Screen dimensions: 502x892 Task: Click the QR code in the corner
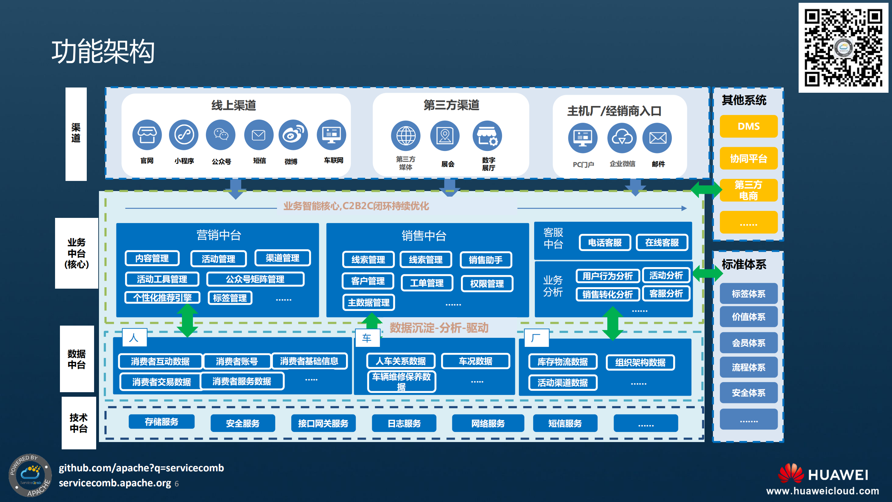(x=843, y=48)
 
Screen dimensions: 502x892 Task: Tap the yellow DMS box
(x=748, y=126)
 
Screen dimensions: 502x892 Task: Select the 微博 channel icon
(x=293, y=135)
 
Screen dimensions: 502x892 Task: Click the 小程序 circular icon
(x=184, y=135)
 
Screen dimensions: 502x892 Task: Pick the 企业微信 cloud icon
(x=622, y=138)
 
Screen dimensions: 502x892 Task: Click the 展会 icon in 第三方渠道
(x=445, y=136)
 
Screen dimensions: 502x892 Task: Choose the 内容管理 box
(x=152, y=258)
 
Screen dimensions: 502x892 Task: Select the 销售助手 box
(x=486, y=260)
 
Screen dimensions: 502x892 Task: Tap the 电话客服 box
(x=605, y=243)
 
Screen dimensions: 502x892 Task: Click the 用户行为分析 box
(x=607, y=276)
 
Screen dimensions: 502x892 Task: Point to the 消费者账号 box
(x=237, y=362)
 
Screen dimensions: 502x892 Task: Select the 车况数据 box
(x=475, y=361)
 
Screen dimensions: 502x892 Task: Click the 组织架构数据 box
(x=640, y=363)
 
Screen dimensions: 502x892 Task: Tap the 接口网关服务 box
(x=323, y=424)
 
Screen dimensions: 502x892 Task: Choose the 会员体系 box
(x=748, y=343)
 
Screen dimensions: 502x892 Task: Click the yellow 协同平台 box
(x=748, y=159)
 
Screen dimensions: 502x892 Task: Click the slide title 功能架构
(x=103, y=52)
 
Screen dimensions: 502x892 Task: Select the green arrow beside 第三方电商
(x=706, y=189)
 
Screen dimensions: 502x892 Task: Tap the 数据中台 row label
(x=77, y=359)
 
